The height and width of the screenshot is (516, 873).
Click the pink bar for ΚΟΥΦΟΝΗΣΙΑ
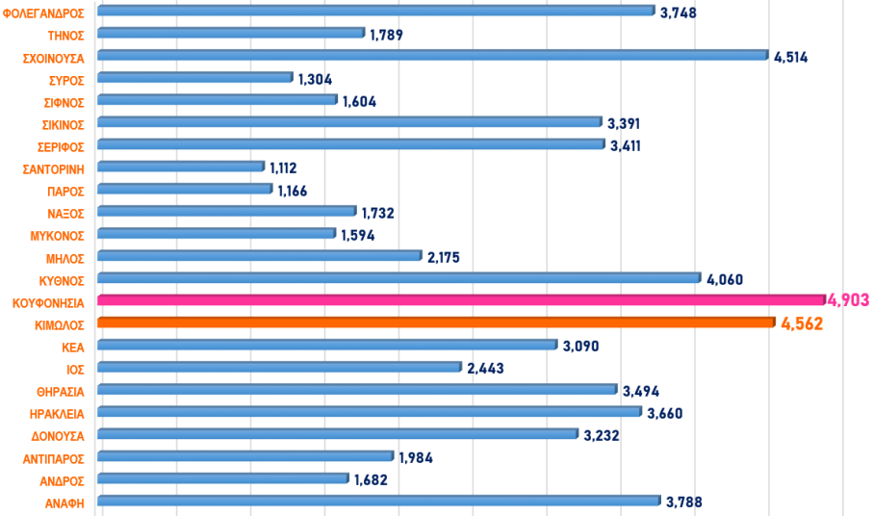tap(462, 300)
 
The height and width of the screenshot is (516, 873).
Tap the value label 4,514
tap(790, 57)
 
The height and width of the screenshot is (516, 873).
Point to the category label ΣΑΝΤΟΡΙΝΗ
tap(55, 168)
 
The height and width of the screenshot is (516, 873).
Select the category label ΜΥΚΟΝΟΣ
tap(59, 235)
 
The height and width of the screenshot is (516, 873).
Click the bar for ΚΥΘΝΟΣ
tap(399, 278)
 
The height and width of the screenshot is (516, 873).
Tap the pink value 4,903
tap(848, 300)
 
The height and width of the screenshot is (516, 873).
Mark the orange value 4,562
tap(802, 323)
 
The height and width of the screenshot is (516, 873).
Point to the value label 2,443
tap(486, 368)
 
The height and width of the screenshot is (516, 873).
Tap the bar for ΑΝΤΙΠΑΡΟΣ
tap(245, 456)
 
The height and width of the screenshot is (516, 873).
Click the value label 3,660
tap(665, 412)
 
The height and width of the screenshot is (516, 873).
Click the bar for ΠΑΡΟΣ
tap(186, 189)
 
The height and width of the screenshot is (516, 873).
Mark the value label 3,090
tap(581, 345)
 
